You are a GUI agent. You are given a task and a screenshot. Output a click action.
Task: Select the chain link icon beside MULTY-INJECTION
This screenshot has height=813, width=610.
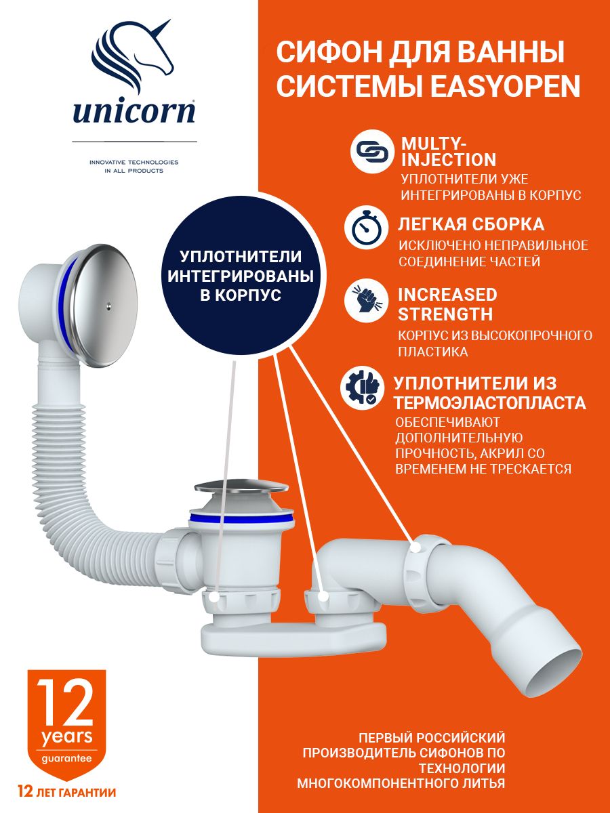[372, 151]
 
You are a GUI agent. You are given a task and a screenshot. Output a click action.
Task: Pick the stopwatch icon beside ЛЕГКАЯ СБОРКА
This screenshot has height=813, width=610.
[366, 228]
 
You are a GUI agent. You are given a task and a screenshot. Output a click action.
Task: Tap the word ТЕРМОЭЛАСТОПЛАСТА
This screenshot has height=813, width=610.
[490, 403]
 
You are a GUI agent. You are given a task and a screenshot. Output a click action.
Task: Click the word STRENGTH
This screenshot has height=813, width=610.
[445, 314]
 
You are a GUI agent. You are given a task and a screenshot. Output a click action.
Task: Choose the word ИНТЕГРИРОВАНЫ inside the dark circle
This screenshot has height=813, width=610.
[241, 276]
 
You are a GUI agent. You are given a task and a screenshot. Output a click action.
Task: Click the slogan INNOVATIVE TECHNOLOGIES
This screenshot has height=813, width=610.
[134, 162]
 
